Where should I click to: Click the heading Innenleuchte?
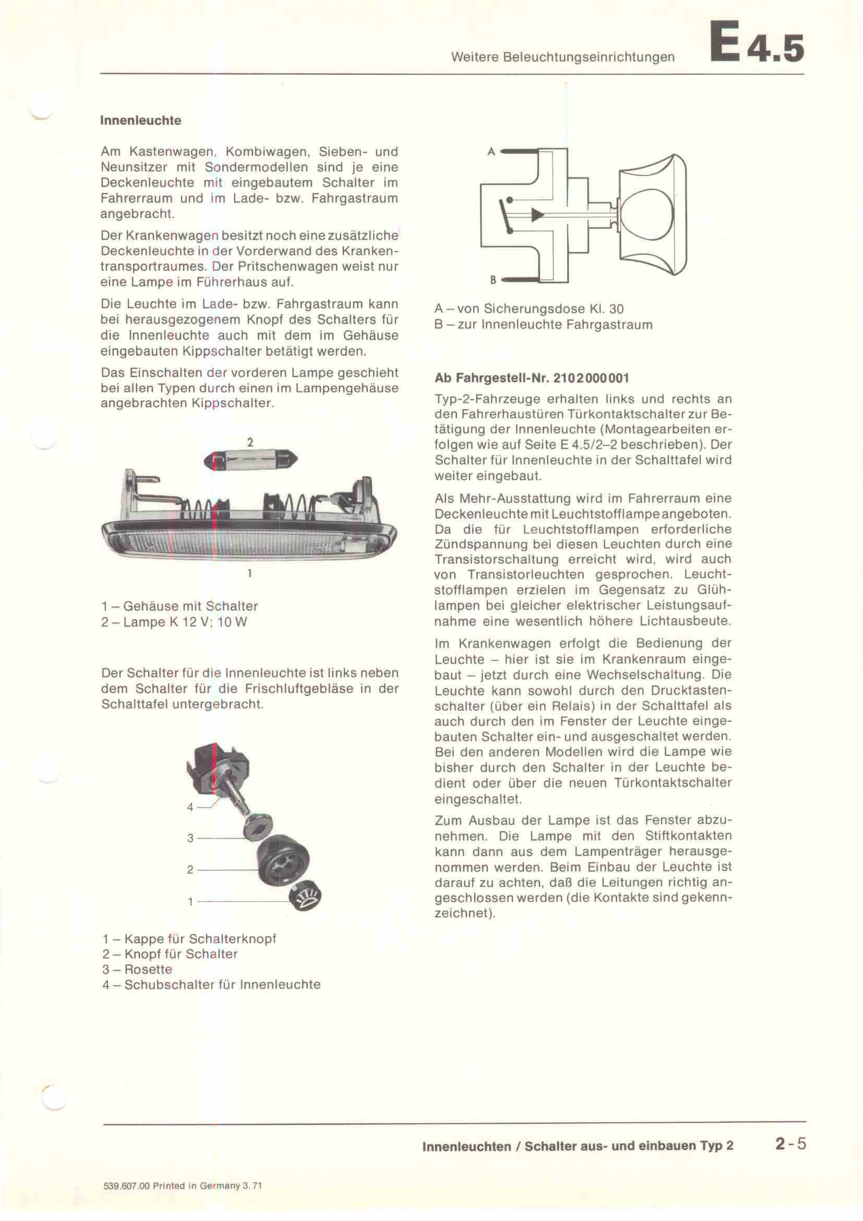(x=140, y=120)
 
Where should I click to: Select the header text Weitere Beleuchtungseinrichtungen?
(x=563, y=57)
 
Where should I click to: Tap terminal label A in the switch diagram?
(x=491, y=151)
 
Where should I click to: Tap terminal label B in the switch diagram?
(x=493, y=280)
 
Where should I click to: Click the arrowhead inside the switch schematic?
(x=537, y=215)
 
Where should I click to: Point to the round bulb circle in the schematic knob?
(x=647, y=214)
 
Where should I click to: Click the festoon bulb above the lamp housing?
(x=251, y=460)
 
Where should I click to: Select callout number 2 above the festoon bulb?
(x=250, y=442)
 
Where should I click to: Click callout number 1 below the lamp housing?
(x=249, y=574)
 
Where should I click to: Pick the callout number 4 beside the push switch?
(x=190, y=807)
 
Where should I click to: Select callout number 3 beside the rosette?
(x=190, y=838)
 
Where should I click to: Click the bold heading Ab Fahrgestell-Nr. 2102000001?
(x=531, y=378)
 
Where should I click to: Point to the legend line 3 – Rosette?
(x=137, y=969)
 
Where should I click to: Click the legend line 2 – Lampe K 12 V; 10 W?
(x=174, y=622)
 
